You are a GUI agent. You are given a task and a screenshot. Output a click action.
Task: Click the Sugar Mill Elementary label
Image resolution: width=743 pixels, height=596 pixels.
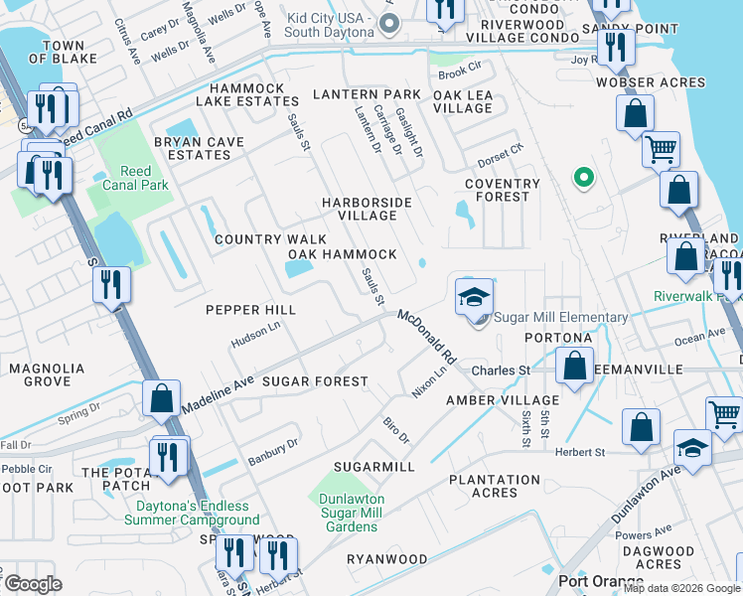[562, 318]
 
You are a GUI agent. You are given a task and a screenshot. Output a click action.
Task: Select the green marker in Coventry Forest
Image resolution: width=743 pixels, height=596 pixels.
[584, 178]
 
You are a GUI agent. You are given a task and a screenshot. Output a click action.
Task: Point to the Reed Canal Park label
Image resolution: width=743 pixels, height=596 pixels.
[130, 178]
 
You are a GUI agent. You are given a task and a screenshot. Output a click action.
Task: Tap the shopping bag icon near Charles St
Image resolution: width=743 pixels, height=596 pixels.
[575, 366]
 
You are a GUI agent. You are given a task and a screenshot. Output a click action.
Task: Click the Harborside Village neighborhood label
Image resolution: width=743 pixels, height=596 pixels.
[367, 209]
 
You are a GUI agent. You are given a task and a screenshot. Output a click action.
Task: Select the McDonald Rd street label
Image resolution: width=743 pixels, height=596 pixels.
[426, 336]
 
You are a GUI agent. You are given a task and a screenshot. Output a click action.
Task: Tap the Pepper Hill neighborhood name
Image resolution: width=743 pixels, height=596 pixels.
[251, 310]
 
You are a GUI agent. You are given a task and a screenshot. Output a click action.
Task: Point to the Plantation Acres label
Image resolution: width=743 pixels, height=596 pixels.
[495, 486]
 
